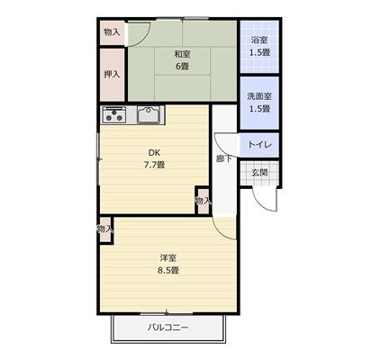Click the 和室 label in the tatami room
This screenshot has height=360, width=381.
pyautogui.click(x=183, y=54)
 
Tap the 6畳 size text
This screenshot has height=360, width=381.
pyautogui.click(x=182, y=67)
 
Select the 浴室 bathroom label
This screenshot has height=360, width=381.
pyautogui.click(x=259, y=40)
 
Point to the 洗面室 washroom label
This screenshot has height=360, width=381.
pyautogui.click(x=259, y=96)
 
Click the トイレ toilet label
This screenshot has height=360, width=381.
pyautogui.click(x=259, y=145)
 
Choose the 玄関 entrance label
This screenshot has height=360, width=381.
pyautogui.click(x=259, y=173)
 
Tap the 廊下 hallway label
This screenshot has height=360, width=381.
pyautogui.click(x=224, y=158)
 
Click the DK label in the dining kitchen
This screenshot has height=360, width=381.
pyautogui.click(x=154, y=153)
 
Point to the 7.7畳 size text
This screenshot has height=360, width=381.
pyautogui.click(x=154, y=165)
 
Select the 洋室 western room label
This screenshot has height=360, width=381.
pyautogui.click(x=168, y=258)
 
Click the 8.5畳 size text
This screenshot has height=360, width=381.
pyautogui.click(x=168, y=270)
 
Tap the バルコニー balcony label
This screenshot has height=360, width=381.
pyautogui.click(x=168, y=328)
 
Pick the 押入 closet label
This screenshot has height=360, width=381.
pyautogui.click(x=112, y=75)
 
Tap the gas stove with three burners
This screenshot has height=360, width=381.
pyautogui.click(x=114, y=114)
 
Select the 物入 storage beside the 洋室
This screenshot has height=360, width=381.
pyautogui.click(x=105, y=229)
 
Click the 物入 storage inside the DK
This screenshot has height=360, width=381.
pyautogui.click(x=203, y=201)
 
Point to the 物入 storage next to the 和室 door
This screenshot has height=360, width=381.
pyautogui.click(x=112, y=32)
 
